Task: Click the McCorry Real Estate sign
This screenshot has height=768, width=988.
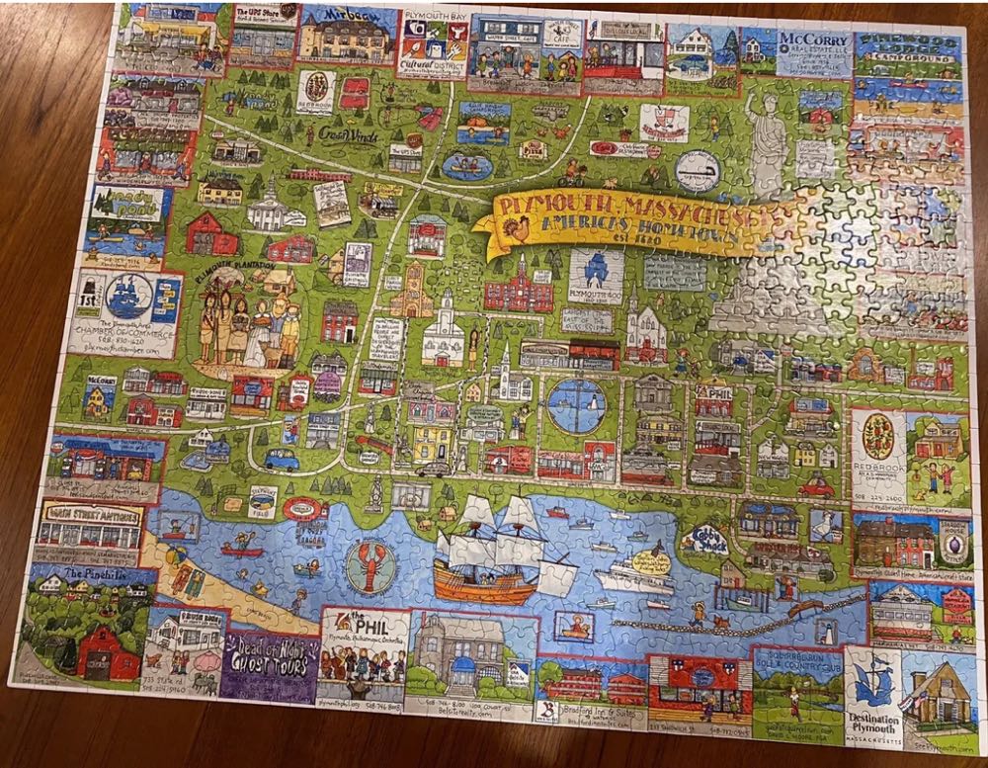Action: (x=812, y=44)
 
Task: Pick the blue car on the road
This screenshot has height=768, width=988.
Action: (x=282, y=459)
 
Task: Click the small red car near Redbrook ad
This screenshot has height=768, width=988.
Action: (x=817, y=486)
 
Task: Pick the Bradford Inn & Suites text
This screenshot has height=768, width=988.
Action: (x=587, y=713)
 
